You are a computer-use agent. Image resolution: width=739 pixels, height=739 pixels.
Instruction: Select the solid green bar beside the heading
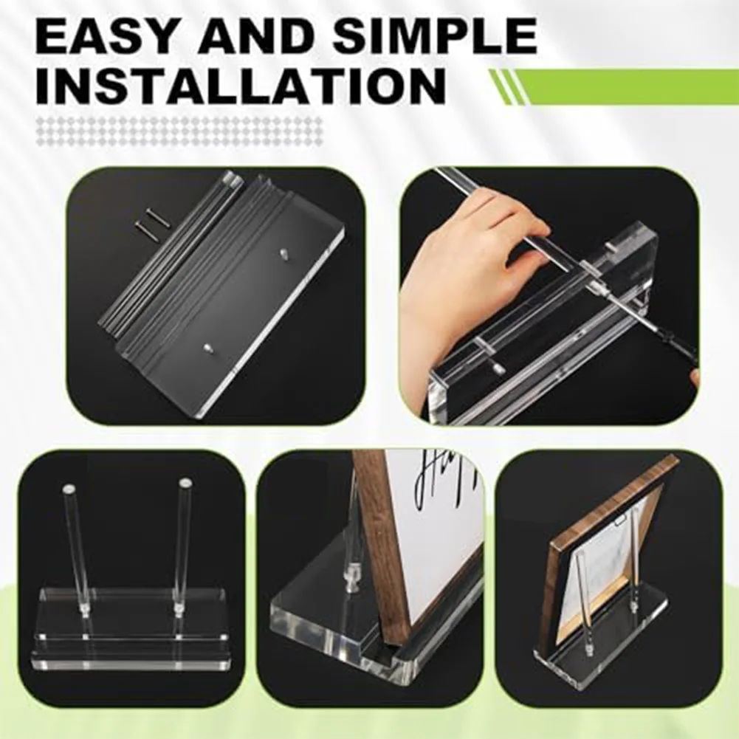pyautogui.click(x=628, y=86)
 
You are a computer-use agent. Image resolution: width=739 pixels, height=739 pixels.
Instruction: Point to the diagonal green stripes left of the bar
pyautogui.click(x=506, y=86)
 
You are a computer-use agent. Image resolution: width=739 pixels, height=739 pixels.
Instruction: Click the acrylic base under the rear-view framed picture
pyautogui.click(x=591, y=657)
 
